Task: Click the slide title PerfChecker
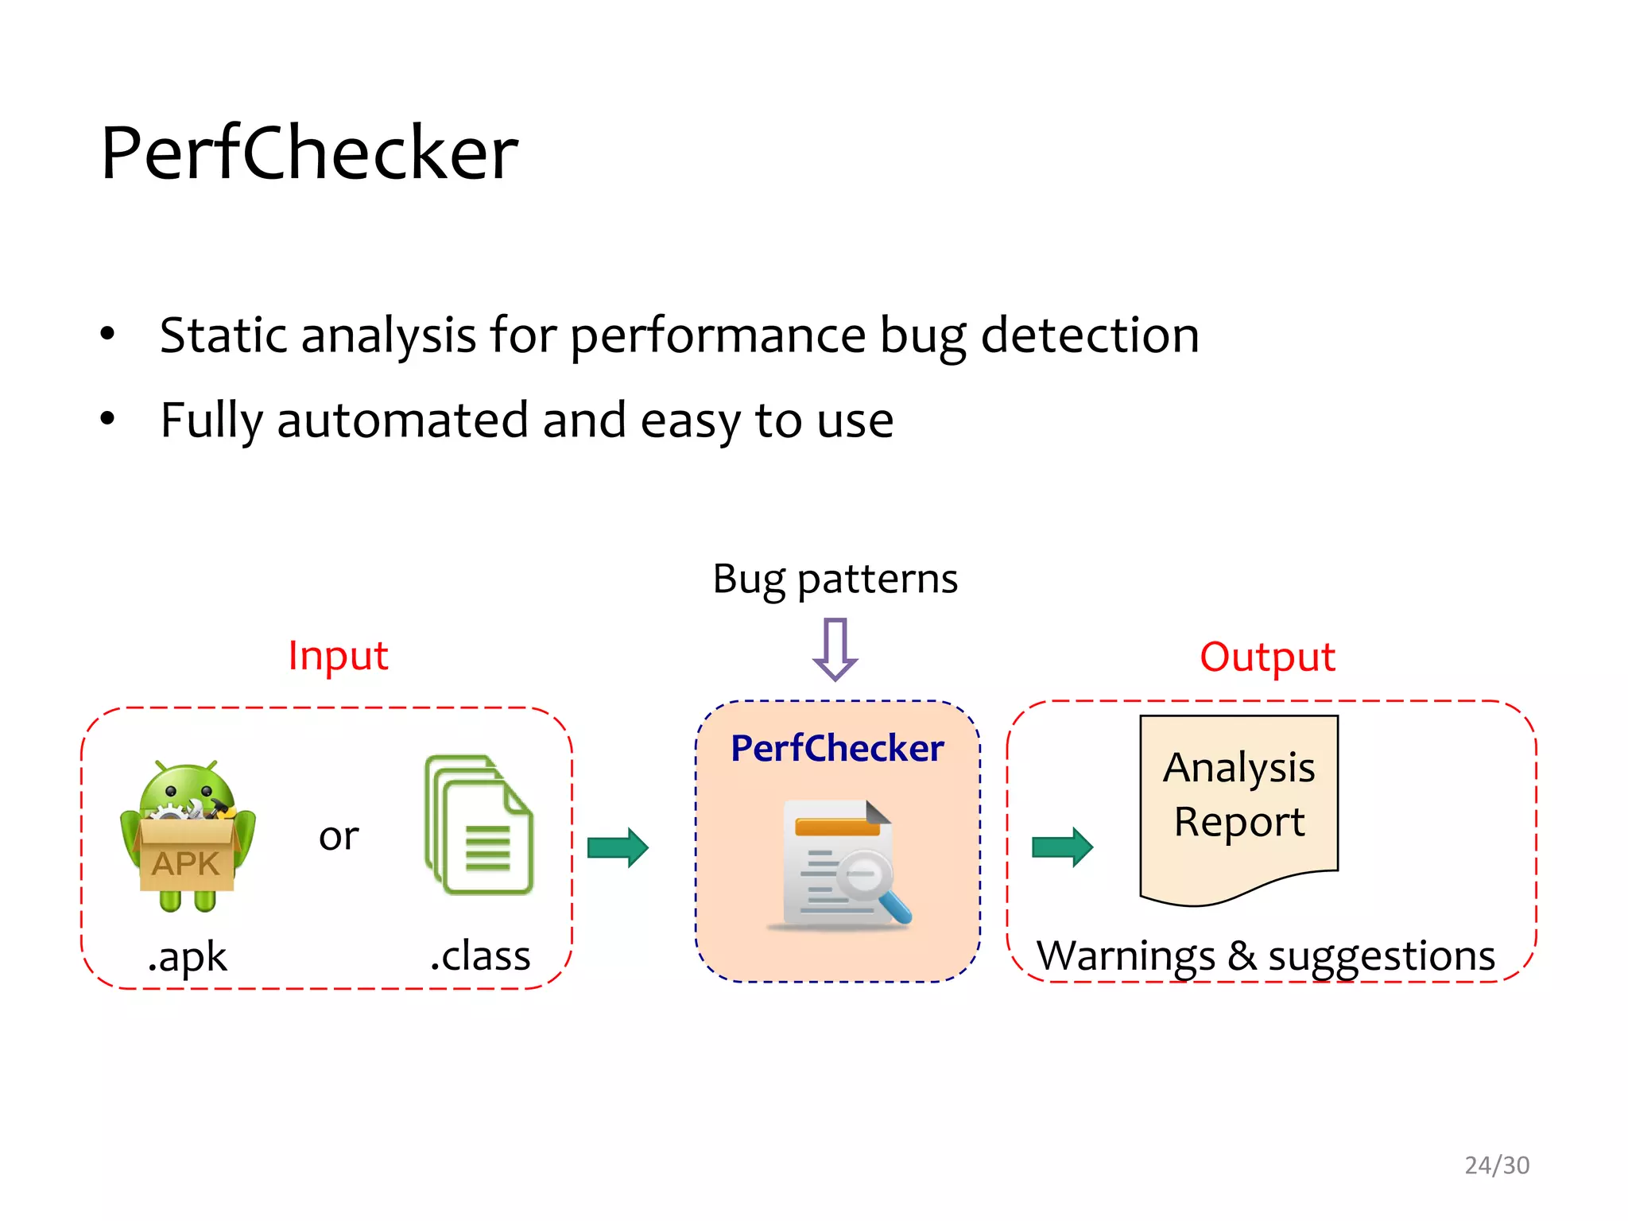[x=309, y=153]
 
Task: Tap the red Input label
[x=338, y=656]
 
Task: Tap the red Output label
[x=1267, y=657]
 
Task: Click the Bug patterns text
[x=835, y=579]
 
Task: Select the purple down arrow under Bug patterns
[x=835, y=649]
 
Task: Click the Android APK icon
[x=188, y=835]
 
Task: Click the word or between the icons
[x=339, y=836]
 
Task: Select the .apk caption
[x=188, y=955]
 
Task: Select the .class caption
[x=480, y=955]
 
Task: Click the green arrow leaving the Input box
[x=618, y=847]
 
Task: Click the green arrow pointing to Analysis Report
[x=1062, y=847]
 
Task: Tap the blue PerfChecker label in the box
[x=837, y=748]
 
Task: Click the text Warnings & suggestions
[x=1266, y=955]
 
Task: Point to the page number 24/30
[x=1497, y=1165]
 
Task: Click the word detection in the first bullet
[x=1090, y=335]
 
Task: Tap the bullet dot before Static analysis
[x=108, y=333]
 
